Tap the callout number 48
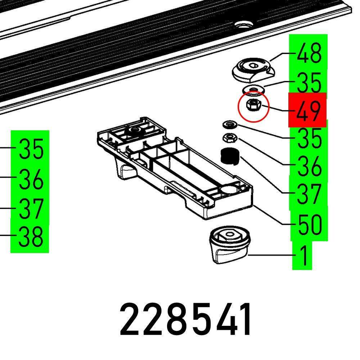pos(309,54)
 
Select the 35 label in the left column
pos(31,149)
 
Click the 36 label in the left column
pos(31,179)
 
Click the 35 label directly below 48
pos(309,82)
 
